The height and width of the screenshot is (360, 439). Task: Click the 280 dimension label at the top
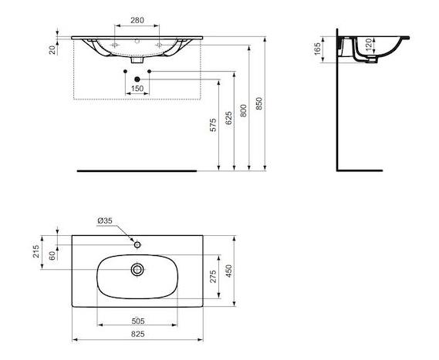pyautogui.click(x=137, y=20)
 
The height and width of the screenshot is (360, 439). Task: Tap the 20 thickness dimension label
pyautogui.click(x=52, y=50)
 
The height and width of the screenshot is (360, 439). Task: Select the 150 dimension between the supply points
pyautogui.click(x=137, y=89)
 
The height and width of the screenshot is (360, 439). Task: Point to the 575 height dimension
pyautogui.click(x=213, y=125)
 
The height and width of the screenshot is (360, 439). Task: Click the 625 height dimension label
pyautogui.click(x=228, y=118)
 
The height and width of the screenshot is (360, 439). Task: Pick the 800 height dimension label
pyautogui.click(x=244, y=111)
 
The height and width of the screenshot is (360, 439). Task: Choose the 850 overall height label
pyautogui.click(x=259, y=103)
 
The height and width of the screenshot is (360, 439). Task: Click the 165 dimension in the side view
pyautogui.click(x=318, y=49)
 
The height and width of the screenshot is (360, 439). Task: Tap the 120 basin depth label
pyautogui.click(x=369, y=45)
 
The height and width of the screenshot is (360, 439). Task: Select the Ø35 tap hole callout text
pyautogui.click(x=105, y=220)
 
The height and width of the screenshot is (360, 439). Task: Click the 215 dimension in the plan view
pyautogui.click(x=36, y=251)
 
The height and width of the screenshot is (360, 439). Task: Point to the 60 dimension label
pyautogui.click(x=52, y=256)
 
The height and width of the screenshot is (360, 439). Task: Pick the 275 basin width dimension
pyautogui.click(x=213, y=277)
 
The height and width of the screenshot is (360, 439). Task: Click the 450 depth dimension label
pyautogui.click(x=229, y=271)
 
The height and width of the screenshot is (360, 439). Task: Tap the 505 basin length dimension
pyautogui.click(x=138, y=321)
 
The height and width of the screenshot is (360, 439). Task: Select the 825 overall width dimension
pyautogui.click(x=138, y=334)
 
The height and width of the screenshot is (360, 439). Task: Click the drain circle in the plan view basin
pyautogui.click(x=137, y=270)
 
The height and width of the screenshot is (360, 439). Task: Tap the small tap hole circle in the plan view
pyautogui.click(x=137, y=245)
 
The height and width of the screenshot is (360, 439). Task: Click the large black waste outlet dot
pyautogui.click(x=137, y=79)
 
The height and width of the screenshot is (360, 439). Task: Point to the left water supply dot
pyautogui.click(x=125, y=72)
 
